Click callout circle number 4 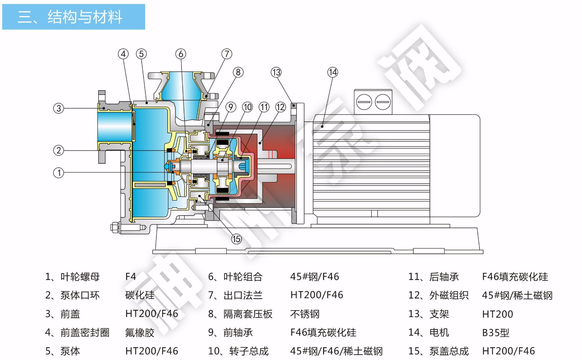[x=123, y=54]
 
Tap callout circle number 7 [x=227, y=54]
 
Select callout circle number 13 [x=276, y=72]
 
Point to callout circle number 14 [x=332, y=72]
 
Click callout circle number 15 [x=236, y=239]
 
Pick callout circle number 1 [x=59, y=173]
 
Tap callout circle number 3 [x=59, y=108]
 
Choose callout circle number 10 [x=247, y=107]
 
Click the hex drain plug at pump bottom [x=115, y=228]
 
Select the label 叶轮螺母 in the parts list [x=80, y=277]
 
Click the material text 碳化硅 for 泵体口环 [x=140, y=295]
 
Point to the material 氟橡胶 [x=140, y=333]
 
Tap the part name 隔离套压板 [x=248, y=314]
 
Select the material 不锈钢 [x=305, y=314]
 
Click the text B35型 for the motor [x=495, y=333]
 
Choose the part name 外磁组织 [x=449, y=295]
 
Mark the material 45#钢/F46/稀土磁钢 [x=336, y=351]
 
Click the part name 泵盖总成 [x=449, y=351]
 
